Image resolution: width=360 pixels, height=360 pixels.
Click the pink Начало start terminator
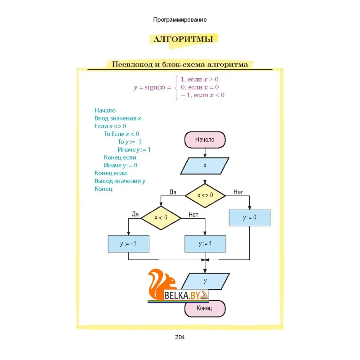point(205,139)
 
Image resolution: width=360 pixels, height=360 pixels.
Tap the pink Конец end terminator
point(205,309)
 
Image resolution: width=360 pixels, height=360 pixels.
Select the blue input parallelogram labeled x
point(205,166)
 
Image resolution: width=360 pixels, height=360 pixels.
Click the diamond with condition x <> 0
point(205,196)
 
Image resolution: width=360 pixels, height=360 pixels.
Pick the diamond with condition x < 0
point(161,218)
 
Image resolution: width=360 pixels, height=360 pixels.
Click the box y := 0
point(250,218)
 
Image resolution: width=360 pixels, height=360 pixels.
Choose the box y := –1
point(129,244)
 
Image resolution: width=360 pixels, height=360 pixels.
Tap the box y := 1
point(205,244)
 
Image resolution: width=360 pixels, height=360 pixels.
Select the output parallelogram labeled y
point(205,281)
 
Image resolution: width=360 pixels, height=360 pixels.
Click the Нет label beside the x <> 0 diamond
point(238,192)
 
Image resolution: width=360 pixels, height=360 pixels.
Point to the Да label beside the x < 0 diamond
point(135,214)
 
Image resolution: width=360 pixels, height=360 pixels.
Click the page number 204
point(180,337)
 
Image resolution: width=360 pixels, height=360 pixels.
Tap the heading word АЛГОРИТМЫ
point(183,39)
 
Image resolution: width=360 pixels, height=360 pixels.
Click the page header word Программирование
point(180,20)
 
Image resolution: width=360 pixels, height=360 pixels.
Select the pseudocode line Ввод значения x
point(117,118)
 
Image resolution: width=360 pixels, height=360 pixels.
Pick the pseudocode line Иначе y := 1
point(134,150)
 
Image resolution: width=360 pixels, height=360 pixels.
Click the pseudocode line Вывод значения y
point(120,181)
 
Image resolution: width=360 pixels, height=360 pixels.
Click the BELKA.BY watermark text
point(182,296)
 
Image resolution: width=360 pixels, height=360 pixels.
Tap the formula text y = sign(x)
point(153,87)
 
